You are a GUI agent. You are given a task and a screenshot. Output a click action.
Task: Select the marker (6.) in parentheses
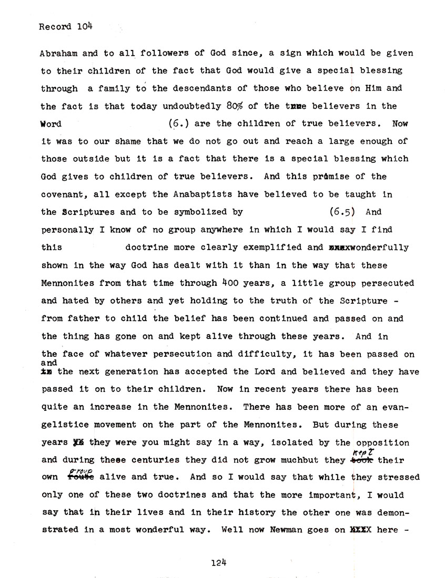(x=178, y=124)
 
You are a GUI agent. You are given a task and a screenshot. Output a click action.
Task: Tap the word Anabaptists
(x=204, y=194)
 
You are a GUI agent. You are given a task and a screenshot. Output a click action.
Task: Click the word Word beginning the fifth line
(x=51, y=124)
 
